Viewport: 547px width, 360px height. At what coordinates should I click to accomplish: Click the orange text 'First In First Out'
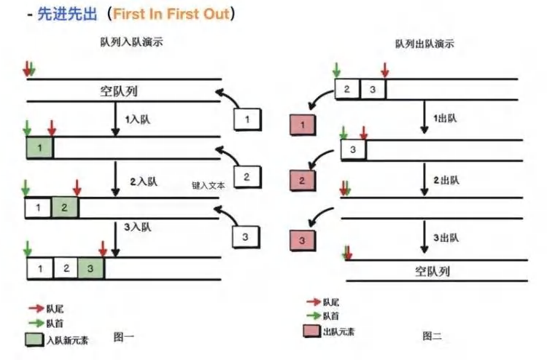coord(171,14)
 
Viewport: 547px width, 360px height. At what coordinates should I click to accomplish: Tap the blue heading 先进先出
coord(67,14)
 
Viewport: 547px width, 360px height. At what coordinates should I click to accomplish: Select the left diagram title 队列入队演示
coord(131,42)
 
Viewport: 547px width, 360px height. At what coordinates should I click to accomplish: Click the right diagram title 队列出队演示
coord(424,44)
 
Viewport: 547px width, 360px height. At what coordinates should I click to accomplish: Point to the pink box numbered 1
coord(303,125)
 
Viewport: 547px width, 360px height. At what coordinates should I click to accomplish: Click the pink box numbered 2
coord(303,181)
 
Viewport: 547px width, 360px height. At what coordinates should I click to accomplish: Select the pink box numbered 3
coord(303,240)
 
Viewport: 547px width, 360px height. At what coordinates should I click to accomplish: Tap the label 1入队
coord(137,120)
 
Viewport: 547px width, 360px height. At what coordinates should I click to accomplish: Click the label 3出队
coord(446,238)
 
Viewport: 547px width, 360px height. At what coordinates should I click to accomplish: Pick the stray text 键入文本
coord(209,185)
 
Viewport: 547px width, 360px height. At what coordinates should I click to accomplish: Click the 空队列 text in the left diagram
coord(119,91)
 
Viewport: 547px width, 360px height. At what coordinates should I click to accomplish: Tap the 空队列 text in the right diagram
coord(432,271)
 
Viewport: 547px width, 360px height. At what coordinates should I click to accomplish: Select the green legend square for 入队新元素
coord(34,340)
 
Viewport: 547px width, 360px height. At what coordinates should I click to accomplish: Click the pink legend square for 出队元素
coord(312,331)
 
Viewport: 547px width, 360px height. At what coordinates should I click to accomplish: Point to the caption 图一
coord(124,337)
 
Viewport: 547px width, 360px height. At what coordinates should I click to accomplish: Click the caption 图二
coord(432,336)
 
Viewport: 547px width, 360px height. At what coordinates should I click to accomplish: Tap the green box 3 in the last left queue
coord(90,269)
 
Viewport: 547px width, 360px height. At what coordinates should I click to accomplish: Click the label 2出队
coord(446,180)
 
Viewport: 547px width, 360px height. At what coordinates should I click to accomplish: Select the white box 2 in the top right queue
coord(347,89)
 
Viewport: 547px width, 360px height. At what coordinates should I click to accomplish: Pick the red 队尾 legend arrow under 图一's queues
coord(36,308)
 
